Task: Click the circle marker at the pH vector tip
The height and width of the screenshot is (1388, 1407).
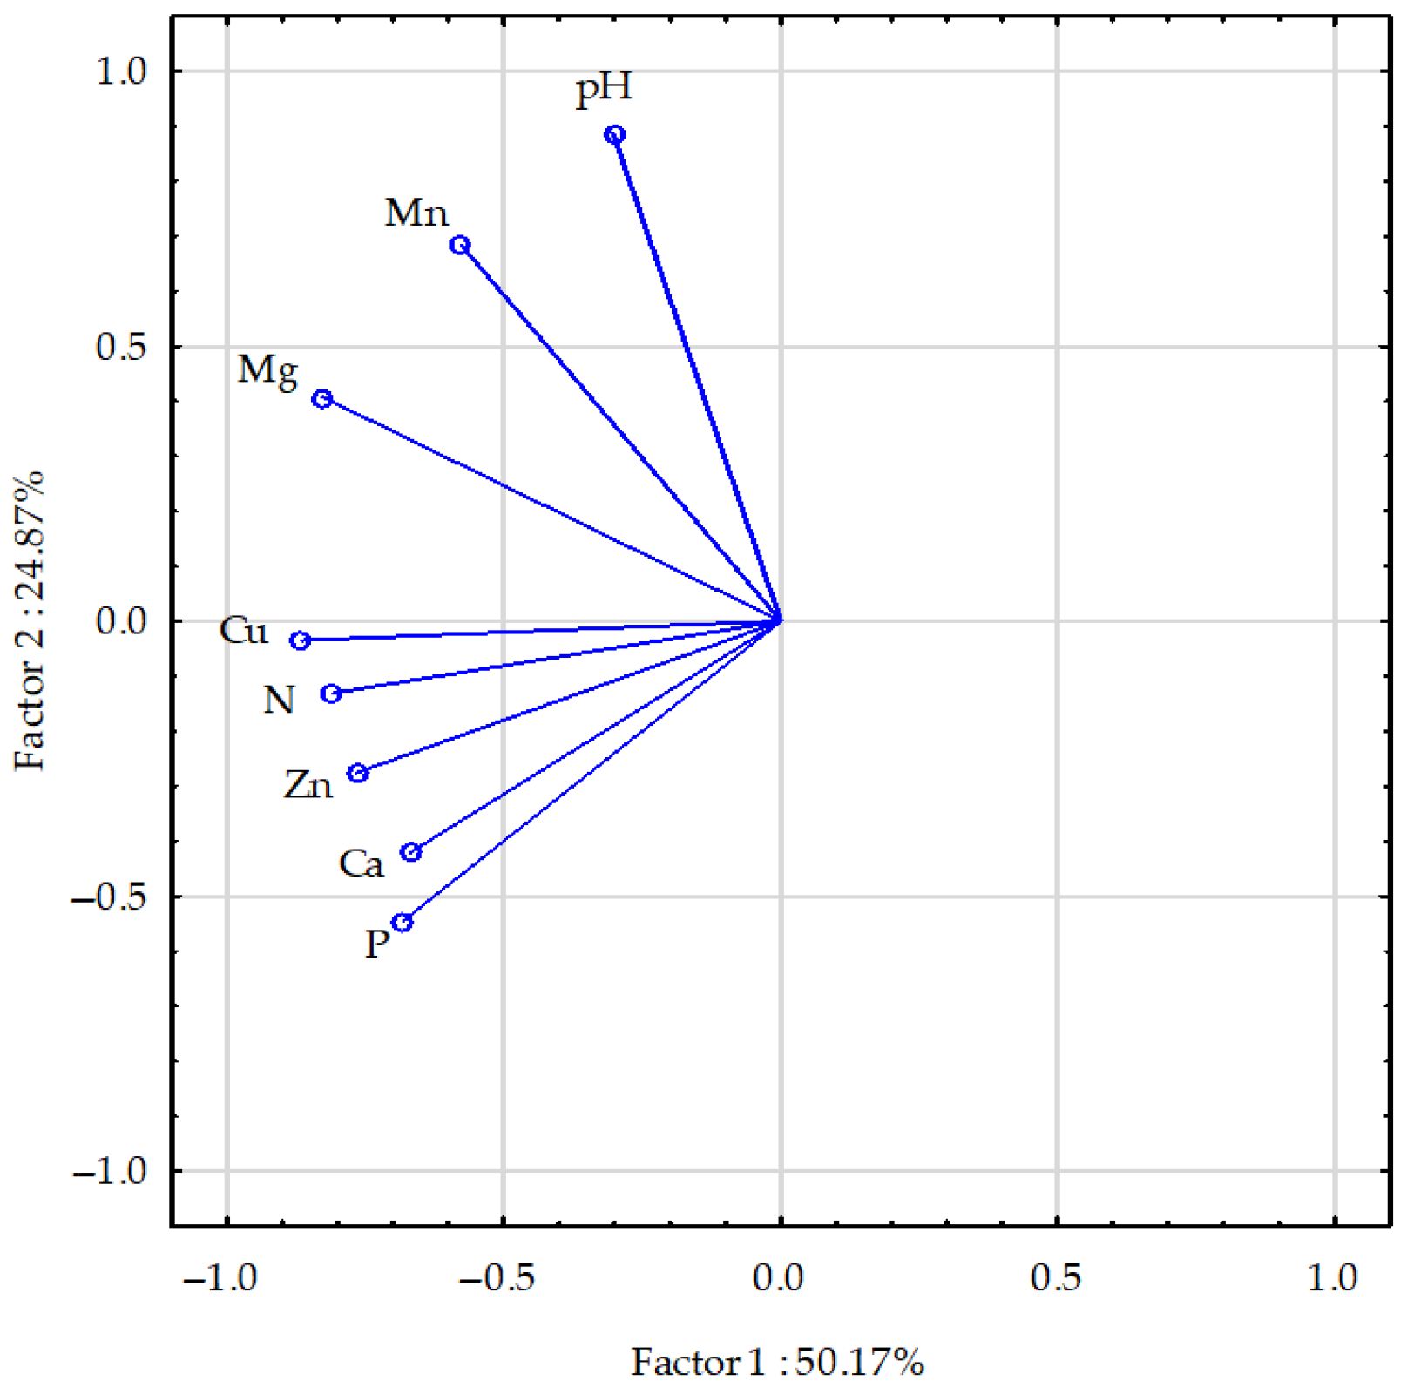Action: pos(615,135)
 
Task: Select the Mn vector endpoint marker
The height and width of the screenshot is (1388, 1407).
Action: pos(460,246)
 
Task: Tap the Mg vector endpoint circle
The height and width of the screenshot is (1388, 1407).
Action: pos(322,400)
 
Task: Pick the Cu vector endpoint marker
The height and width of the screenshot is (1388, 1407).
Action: pos(300,641)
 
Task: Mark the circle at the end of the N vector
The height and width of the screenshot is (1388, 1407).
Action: pos(331,694)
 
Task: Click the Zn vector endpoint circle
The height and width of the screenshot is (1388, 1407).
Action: pos(357,774)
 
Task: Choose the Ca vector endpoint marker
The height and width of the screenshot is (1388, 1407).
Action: pos(410,853)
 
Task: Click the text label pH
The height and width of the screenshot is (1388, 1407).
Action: pos(604,89)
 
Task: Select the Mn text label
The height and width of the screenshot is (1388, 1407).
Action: pos(416,213)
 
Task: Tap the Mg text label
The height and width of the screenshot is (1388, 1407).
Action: pos(268,370)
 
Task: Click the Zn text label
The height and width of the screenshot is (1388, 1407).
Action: pos(308,786)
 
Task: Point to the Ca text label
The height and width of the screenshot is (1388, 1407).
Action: pos(361,864)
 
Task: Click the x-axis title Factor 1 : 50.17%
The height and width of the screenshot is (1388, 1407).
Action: pos(777,1362)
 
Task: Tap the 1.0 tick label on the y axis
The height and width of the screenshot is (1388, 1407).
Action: pos(121,71)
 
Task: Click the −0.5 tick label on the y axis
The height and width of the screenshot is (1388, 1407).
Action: pos(109,897)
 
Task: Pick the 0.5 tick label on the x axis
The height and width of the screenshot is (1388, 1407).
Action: pos(1055,1278)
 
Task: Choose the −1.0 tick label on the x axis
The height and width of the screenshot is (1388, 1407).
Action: pos(220,1278)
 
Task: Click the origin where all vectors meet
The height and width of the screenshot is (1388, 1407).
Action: pos(781,620)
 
